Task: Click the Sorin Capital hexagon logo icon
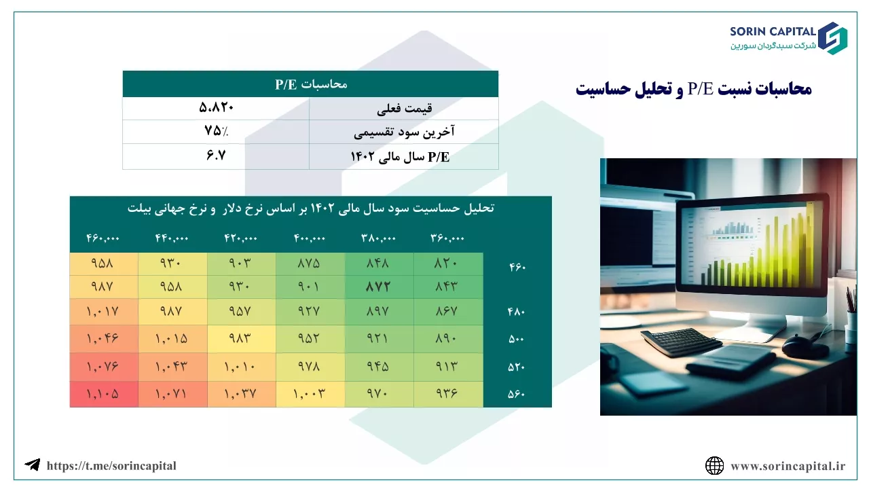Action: (832, 38)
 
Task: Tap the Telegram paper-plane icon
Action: (33, 465)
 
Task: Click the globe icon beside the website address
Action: (714, 466)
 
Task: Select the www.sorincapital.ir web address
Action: (788, 466)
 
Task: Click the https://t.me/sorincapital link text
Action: (111, 466)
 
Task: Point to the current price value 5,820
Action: (216, 107)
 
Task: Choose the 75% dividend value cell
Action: (216, 131)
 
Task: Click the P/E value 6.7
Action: (216, 156)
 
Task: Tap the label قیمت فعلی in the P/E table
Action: (404, 108)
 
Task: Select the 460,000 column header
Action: (103, 238)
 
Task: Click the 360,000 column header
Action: (447, 238)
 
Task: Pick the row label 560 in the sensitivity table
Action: (517, 395)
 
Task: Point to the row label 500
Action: (517, 339)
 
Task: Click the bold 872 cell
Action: (378, 287)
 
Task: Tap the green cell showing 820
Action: (448, 264)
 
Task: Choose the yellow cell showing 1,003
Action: (310, 395)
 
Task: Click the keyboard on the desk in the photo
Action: (681, 342)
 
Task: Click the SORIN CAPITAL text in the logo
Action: (773, 31)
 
